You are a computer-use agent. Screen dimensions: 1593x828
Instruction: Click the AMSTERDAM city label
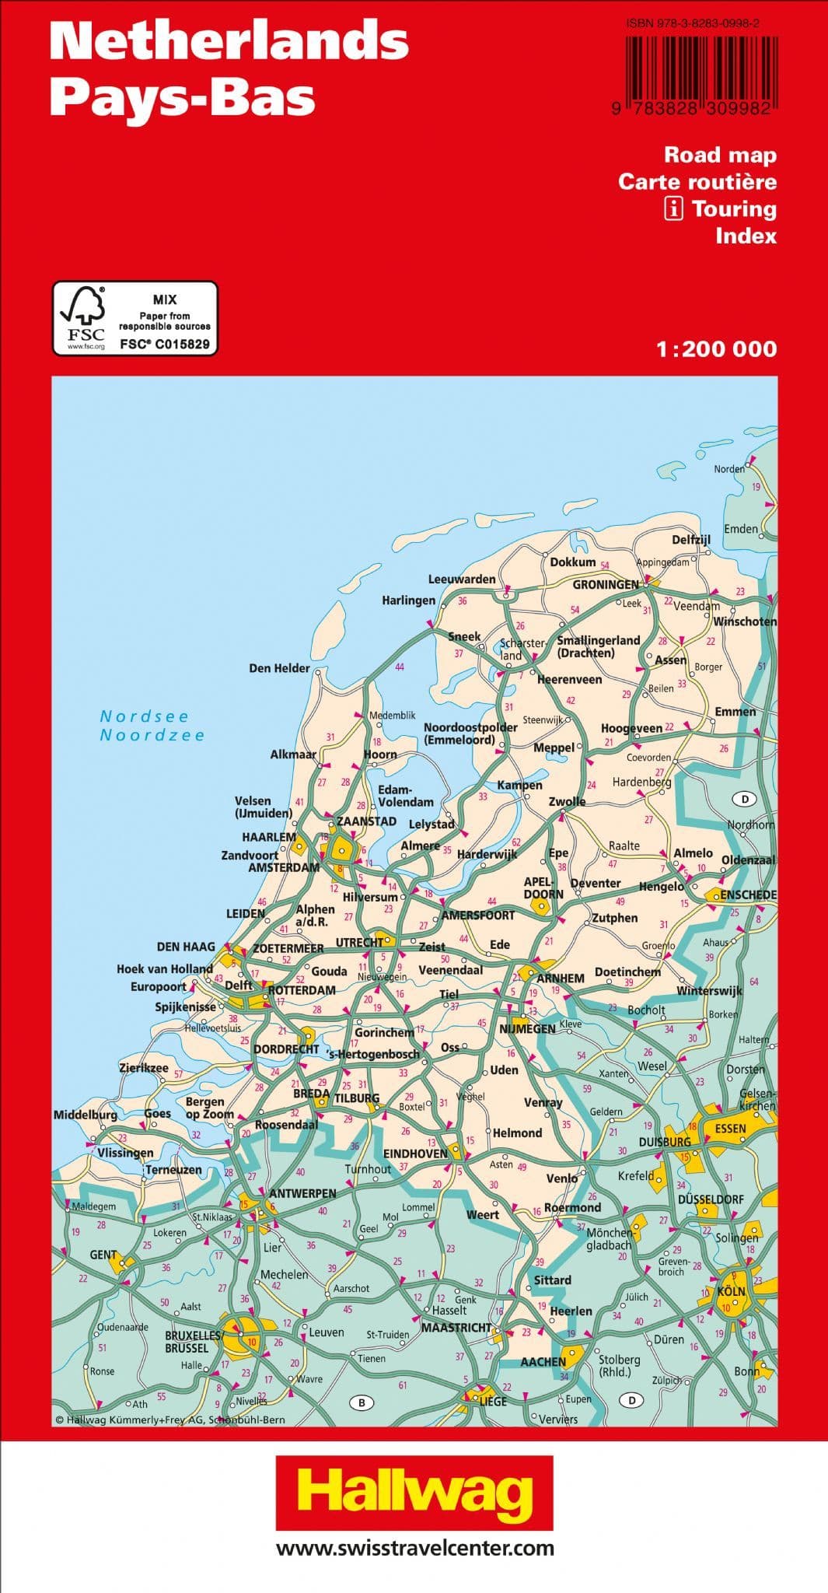click(x=284, y=867)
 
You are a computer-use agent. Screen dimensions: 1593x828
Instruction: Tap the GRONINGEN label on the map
click(x=606, y=584)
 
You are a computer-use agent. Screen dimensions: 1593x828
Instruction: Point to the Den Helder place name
click(x=279, y=668)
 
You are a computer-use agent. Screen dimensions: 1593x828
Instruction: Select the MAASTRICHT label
click(x=456, y=1327)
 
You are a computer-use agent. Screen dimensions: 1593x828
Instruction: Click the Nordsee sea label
click(x=145, y=716)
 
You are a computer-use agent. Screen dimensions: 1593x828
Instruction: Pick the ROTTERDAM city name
click(x=302, y=990)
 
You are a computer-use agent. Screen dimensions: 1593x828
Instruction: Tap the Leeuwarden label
click(x=462, y=579)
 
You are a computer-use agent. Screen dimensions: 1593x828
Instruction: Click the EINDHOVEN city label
click(x=415, y=1154)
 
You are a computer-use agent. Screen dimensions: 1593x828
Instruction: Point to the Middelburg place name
click(x=86, y=1115)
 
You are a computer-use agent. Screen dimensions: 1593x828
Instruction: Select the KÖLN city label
click(x=731, y=1291)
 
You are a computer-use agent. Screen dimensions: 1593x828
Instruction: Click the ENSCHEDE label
click(x=748, y=895)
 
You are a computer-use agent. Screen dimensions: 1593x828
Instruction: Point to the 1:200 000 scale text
click(x=716, y=349)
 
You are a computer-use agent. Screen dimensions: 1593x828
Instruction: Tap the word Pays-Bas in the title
click(x=182, y=98)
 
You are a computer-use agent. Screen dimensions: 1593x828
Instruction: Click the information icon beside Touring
click(x=674, y=208)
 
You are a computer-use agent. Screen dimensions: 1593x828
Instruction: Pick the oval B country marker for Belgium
click(x=361, y=1403)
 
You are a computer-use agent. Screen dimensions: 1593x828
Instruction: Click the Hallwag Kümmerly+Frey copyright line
click(x=170, y=1420)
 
